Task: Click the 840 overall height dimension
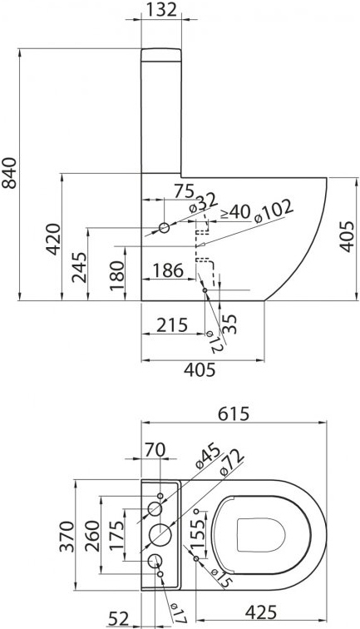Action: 9,173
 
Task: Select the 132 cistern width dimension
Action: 160,10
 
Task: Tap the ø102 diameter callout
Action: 274,211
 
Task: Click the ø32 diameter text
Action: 203,203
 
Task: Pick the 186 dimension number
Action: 168,270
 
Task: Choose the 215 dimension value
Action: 172,325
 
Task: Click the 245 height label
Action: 79,267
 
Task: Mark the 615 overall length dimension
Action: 234,414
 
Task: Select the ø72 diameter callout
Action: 232,463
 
